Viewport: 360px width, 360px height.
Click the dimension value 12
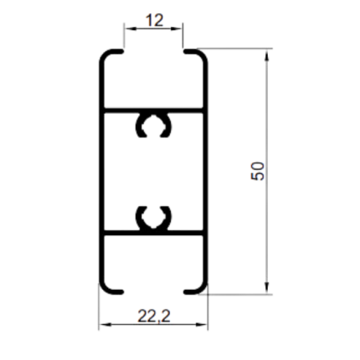tap(154, 20)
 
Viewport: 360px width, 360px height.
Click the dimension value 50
tap(258, 171)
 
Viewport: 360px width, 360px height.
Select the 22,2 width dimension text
tap(154, 316)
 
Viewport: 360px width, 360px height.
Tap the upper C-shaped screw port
tap(153, 126)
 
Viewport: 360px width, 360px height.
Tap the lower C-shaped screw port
tap(153, 218)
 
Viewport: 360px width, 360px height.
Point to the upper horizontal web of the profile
tap(153, 111)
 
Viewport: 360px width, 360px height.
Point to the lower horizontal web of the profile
tap(153, 233)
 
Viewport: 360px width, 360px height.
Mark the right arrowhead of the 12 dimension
tap(177, 28)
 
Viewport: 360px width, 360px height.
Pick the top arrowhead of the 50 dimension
tap(267, 54)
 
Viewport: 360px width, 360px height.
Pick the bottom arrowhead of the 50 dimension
tap(267, 288)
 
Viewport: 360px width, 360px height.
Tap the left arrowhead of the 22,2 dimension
tap(105, 325)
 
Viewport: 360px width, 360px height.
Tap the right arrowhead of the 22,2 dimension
tap(202, 325)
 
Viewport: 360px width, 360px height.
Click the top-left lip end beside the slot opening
tap(122, 51)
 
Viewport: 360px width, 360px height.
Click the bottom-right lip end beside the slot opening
tap(185, 292)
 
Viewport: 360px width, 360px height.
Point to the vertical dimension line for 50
tap(267, 171)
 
